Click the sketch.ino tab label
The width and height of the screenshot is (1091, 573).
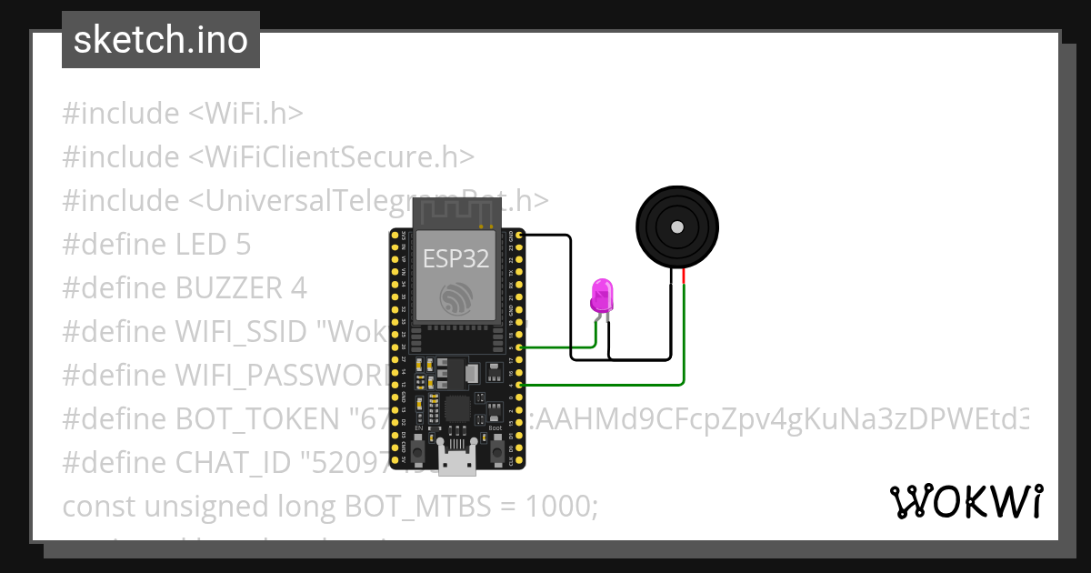(x=161, y=40)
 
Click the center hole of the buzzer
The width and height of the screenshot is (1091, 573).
(x=676, y=226)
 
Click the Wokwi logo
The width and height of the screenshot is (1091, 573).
(x=966, y=501)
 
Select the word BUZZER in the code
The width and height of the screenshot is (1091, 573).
(x=229, y=288)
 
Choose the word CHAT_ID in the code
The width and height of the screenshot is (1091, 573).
(x=233, y=462)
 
